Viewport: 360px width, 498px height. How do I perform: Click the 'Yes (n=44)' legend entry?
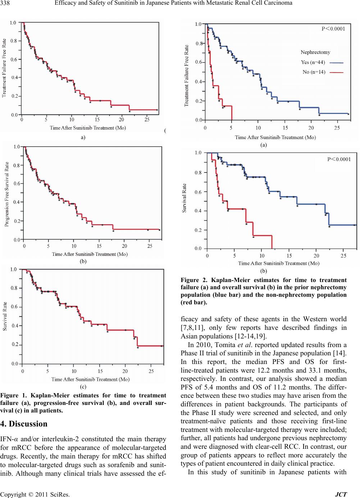pos(313,62)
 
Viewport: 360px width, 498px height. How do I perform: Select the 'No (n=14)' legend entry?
pos(314,72)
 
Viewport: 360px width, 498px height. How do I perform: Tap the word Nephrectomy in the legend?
pos(315,52)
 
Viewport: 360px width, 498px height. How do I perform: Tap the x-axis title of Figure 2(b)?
pos(278,263)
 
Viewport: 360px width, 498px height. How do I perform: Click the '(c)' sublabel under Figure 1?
pos(83,387)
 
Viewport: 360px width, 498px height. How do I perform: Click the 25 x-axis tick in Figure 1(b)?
pos(150,246)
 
